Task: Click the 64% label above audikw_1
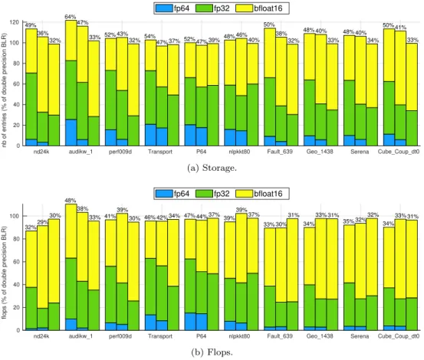[71, 17]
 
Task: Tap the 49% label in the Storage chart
[31, 25]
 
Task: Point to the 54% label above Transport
[150, 36]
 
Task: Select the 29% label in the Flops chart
[43, 222]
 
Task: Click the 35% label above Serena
[349, 221]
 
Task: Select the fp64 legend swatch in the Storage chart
[164, 8]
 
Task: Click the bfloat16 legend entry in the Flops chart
[259, 194]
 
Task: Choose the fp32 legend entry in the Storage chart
[212, 8]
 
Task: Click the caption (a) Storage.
[212, 168]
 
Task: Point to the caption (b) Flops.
[212, 352]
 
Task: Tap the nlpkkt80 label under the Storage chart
[239, 152]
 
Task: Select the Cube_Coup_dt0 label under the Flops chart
[399, 336]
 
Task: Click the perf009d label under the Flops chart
[120, 336]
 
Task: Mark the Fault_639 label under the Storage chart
[280, 152]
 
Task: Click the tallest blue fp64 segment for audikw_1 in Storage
[71, 133]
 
